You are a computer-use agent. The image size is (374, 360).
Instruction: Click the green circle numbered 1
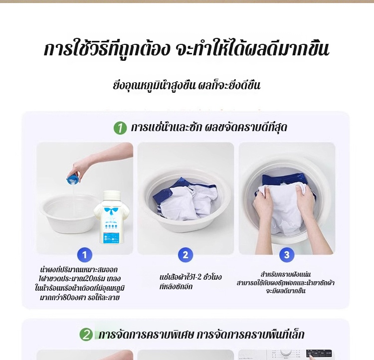click(x=120, y=128)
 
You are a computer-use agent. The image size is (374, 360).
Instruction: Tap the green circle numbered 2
click(x=86, y=334)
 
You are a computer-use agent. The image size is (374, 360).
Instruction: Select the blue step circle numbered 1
click(x=85, y=255)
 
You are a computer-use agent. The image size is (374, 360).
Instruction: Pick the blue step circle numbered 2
click(x=186, y=255)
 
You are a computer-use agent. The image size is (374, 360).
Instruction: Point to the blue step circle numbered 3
click(x=286, y=255)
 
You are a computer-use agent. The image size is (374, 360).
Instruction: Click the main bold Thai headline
click(x=187, y=49)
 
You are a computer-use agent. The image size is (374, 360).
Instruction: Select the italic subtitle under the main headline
click(x=187, y=85)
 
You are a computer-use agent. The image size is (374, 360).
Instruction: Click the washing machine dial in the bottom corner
click(x=286, y=354)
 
